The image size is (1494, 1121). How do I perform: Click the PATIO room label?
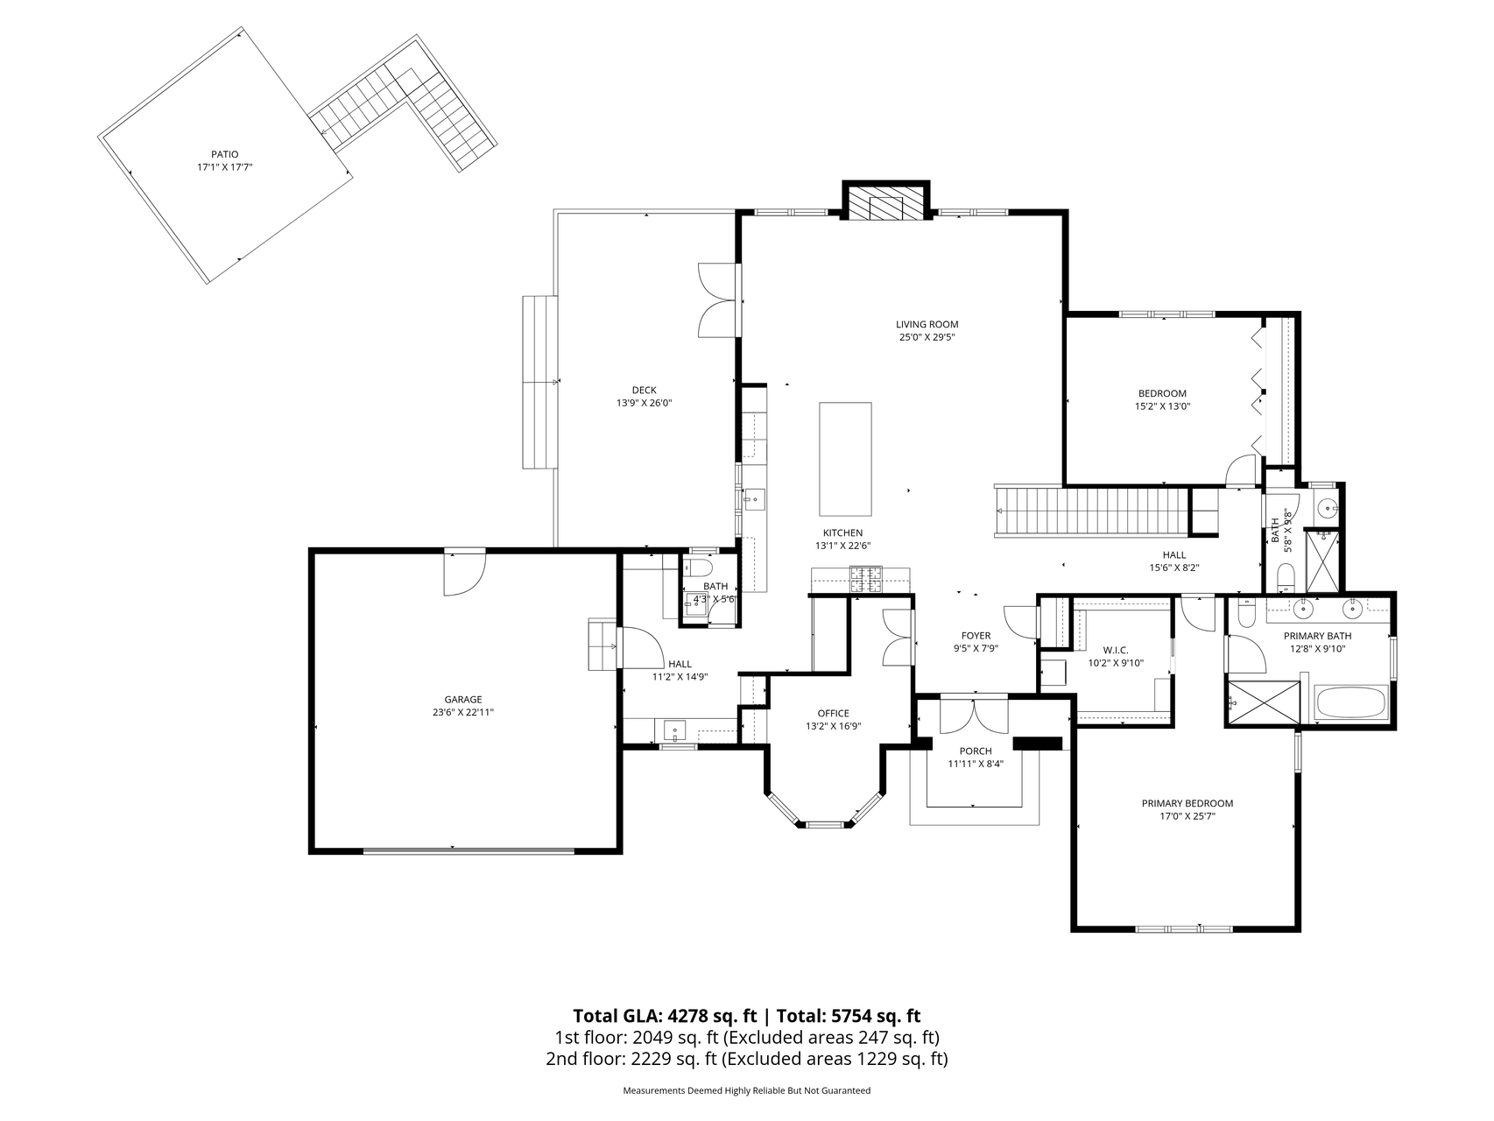coord(224,154)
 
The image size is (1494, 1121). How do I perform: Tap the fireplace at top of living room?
coord(884,205)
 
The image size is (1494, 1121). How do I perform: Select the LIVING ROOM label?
coord(927,324)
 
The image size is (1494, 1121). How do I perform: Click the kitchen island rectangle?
coord(845,459)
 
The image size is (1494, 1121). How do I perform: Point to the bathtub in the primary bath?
coord(1351,702)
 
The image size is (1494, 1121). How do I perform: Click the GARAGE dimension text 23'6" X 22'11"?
coord(463,712)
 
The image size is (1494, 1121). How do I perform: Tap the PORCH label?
coord(976,751)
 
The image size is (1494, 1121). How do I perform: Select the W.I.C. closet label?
coord(1116,650)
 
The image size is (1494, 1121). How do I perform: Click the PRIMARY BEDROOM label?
coord(1187,803)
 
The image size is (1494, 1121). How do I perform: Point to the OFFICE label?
coord(833,713)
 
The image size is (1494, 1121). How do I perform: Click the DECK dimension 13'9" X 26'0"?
coord(644,403)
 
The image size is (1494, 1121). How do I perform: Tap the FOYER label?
coord(976,636)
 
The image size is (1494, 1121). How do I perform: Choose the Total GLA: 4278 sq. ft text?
coord(665,1016)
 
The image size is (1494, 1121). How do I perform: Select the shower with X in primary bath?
coord(1262,702)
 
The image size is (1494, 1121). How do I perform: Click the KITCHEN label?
coord(842,532)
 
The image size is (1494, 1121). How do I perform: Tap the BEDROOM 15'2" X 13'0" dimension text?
coord(1162,405)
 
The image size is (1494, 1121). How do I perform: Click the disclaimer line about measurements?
coord(746,1090)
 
